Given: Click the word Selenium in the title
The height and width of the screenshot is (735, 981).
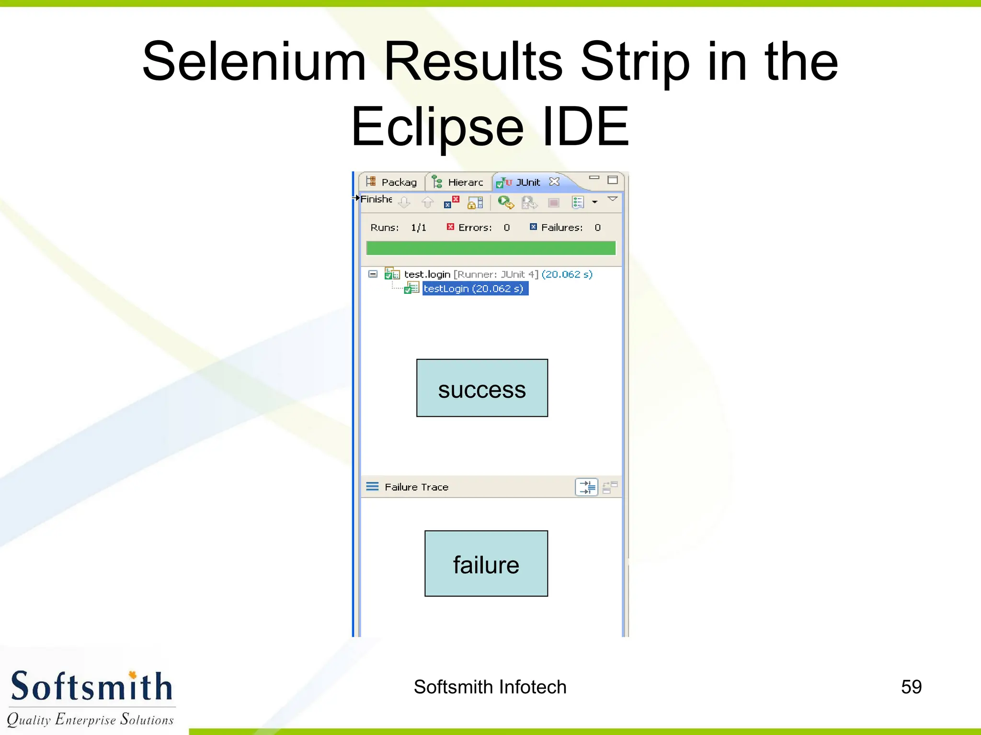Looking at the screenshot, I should [x=254, y=62].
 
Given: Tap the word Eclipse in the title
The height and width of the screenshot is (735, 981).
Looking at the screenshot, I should [x=437, y=127].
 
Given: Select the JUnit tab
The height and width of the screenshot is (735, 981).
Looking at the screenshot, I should [x=527, y=182].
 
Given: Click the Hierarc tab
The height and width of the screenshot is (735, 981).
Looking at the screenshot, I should [x=465, y=182].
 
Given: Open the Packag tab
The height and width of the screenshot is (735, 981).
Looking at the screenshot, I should [x=399, y=182].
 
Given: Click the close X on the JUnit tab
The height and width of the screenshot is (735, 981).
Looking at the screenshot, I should [x=554, y=182].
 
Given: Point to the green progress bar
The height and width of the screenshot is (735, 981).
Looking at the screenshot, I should [x=490, y=248].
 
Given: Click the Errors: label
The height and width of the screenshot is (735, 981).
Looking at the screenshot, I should [x=475, y=228].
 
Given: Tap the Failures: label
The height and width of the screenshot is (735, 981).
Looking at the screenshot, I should [x=561, y=228].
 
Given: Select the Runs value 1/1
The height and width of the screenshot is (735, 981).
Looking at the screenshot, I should [x=418, y=228].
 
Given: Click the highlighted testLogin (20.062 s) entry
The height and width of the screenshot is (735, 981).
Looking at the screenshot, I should [x=474, y=289].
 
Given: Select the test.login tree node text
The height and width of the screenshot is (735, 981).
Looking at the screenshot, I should [x=427, y=274].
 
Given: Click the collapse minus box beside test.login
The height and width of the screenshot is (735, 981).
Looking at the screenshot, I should [x=373, y=274].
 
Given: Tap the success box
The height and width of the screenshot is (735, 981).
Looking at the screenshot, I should [x=482, y=388].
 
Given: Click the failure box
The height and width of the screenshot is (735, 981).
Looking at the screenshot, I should [x=486, y=564].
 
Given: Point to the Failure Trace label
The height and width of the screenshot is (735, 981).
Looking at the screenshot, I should [x=416, y=487].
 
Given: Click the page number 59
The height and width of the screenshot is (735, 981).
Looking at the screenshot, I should [x=911, y=687].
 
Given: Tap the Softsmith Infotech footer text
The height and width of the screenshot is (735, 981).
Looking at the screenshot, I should [x=490, y=687].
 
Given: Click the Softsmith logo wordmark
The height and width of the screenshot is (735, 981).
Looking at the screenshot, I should [x=91, y=687].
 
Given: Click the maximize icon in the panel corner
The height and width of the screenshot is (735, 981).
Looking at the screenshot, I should [x=612, y=180].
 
